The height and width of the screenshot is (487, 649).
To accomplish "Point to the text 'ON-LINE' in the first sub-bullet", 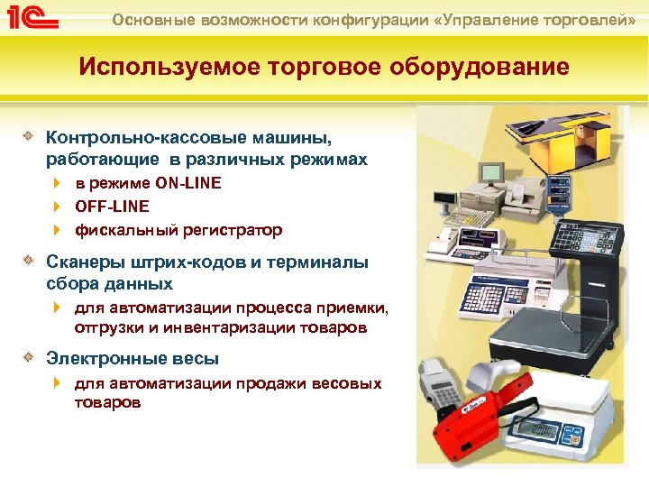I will pos(187,183).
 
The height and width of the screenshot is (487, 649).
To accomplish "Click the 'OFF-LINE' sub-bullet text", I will pos(112,207).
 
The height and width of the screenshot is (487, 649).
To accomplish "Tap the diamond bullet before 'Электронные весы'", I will pos(30,357).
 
